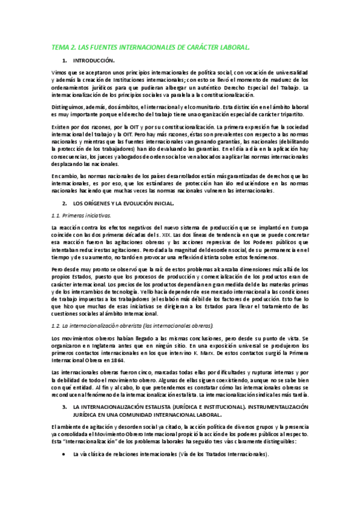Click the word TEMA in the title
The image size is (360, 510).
[61, 46]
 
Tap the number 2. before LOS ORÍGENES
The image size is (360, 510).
[65, 204]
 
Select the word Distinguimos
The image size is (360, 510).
[68, 106]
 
